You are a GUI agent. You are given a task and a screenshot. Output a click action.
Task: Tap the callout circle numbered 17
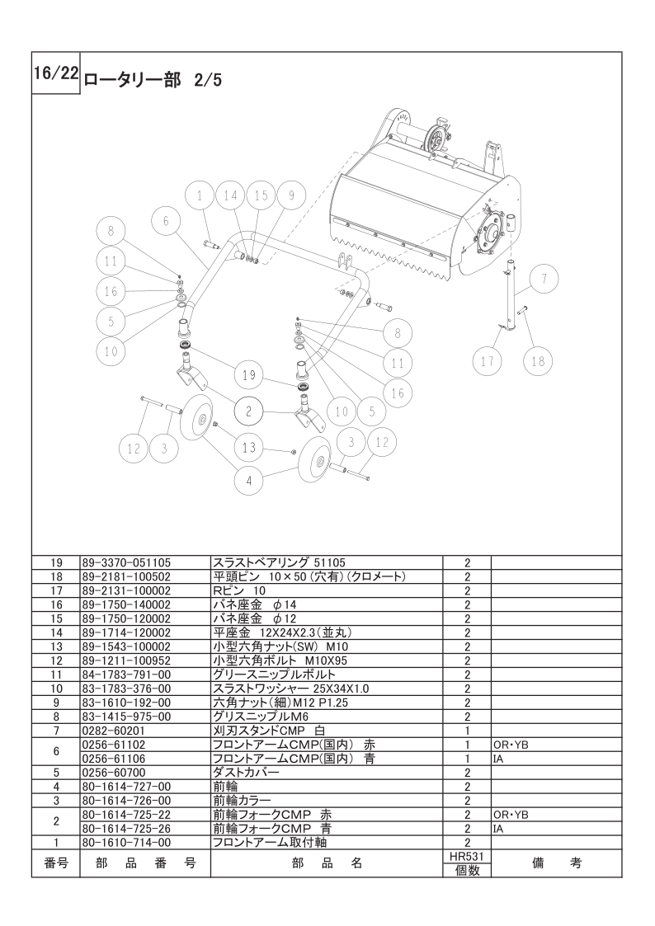pyautogui.click(x=488, y=360)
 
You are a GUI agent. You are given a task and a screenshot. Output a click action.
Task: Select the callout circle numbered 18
pyautogui.click(x=538, y=360)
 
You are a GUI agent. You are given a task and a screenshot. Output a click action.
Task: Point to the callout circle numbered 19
pyautogui.click(x=248, y=374)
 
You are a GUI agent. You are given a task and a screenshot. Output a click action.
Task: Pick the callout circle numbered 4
pyautogui.click(x=249, y=480)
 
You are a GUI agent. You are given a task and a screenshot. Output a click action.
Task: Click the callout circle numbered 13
pyautogui.click(x=248, y=447)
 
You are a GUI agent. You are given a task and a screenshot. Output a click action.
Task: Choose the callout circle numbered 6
pyautogui.click(x=166, y=220)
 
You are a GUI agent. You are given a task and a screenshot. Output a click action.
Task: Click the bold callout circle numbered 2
pyautogui.click(x=248, y=411)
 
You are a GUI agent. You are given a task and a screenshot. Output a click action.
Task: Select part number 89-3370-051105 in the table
pyautogui.click(x=125, y=562)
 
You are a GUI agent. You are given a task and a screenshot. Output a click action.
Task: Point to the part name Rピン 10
pyautogui.click(x=239, y=590)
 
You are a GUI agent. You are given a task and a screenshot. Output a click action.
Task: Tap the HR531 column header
pyautogui.click(x=467, y=856)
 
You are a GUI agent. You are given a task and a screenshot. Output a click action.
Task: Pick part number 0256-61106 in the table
pyautogui.click(x=113, y=759)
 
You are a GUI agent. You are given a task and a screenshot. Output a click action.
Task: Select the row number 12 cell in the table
pyautogui.click(x=56, y=660)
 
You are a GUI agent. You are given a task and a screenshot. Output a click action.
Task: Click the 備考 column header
pyautogui.click(x=556, y=863)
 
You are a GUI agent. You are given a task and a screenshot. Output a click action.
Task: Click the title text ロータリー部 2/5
pyautogui.click(x=153, y=80)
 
